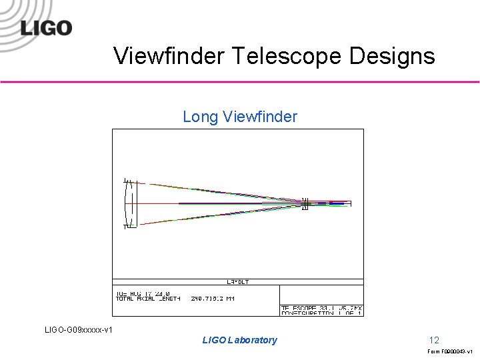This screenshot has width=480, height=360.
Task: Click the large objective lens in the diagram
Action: [131, 203]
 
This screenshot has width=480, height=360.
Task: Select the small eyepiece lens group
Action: [305, 203]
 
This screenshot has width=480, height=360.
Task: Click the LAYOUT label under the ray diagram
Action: [238, 282]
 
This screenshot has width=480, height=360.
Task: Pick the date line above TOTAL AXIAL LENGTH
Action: [143, 293]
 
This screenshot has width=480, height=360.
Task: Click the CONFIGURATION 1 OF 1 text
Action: [322, 313]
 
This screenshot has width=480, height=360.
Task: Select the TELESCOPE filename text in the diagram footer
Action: [322, 307]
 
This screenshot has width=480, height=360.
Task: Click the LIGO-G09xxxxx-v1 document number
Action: [78, 329]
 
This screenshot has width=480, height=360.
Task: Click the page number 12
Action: [434, 340]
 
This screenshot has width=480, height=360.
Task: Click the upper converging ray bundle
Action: [220, 191]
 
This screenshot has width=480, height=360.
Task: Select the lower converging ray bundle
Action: [220, 215]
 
